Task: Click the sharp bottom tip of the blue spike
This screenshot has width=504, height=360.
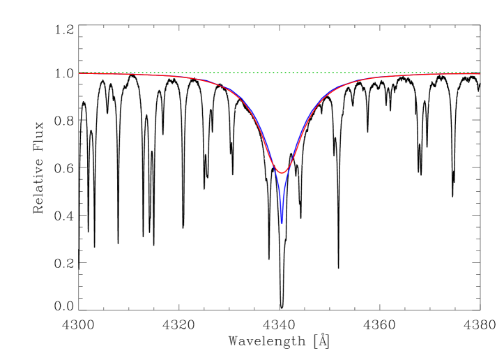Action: (281, 223)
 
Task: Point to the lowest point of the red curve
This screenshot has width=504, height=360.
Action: (281, 172)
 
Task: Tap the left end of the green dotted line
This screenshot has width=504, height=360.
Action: (79, 73)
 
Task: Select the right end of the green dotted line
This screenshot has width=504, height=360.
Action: (480, 73)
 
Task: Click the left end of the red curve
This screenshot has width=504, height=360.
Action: (79, 73)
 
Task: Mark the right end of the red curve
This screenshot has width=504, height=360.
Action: (480, 74)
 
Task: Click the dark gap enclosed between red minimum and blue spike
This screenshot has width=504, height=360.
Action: (281, 180)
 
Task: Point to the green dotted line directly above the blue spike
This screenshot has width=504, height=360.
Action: (281, 73)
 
